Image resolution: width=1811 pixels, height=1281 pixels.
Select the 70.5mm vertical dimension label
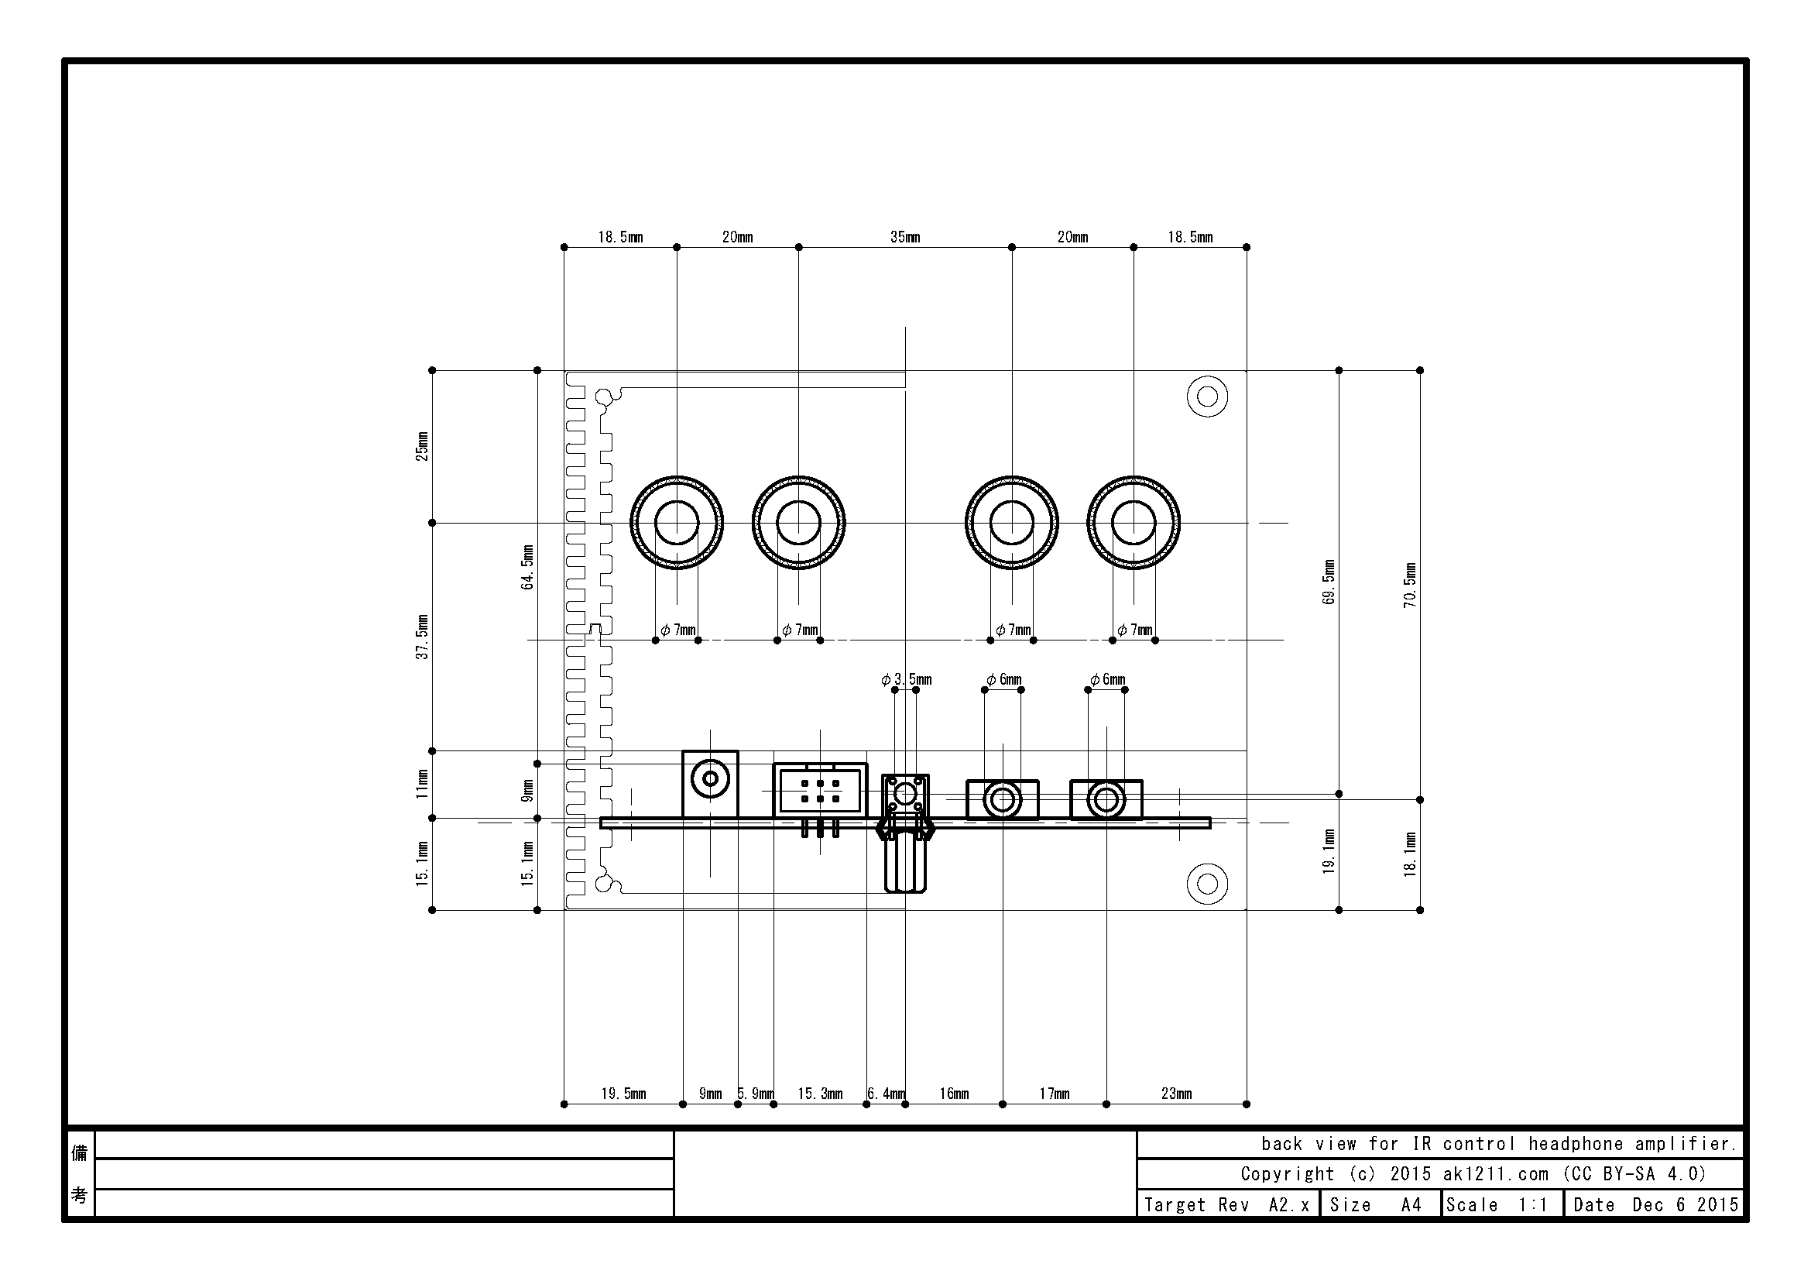(1410, 585)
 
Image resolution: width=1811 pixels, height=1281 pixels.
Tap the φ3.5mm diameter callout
(907, 679)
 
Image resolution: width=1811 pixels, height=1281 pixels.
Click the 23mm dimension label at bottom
(1176, 1094)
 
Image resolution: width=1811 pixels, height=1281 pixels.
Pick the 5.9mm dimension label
(756, 1094)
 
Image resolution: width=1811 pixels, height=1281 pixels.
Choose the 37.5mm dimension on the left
(423, 637)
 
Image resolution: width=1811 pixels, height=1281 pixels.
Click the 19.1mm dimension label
(1329, 851)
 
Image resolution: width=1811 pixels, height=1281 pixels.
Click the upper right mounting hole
(1207, 396)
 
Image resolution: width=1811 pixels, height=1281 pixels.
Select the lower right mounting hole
(1207, 884)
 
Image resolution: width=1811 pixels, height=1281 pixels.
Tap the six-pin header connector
(820, 792)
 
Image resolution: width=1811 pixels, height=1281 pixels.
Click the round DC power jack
(710, 780)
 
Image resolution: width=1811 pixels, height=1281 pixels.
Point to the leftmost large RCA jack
(677, 522)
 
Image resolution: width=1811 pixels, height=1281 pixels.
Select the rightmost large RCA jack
(1134, 522)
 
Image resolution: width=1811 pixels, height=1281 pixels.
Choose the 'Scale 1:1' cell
(1502, 1204)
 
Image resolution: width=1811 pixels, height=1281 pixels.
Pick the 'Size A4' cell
(1381, 1204)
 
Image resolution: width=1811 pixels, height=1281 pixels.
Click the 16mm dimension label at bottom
(954, 1094)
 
